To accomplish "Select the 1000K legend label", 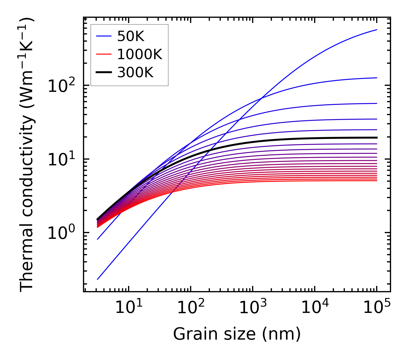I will point(140,54).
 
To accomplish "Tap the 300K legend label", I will point(135,73).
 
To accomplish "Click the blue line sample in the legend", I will point(103,36).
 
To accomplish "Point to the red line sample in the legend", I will point(103,54).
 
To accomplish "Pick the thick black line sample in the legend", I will point(103,73).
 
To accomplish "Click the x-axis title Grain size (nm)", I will point(237,334).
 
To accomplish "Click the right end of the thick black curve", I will point(376,138).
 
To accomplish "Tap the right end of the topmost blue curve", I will point(376,30).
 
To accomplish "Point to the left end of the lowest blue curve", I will point(98,279).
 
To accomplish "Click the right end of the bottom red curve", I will point(376,180).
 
